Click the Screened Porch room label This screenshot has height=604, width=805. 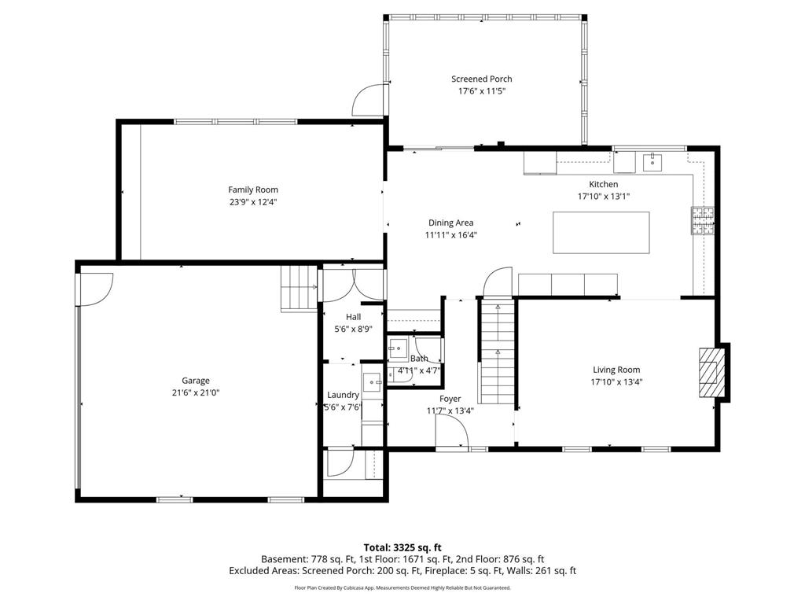click(482, 79)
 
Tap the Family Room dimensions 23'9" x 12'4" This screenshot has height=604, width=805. click(253, 202)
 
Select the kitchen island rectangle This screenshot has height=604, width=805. click(601, 233)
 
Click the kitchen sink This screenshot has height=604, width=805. click(652, 162)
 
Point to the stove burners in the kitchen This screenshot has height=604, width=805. click(703, 221)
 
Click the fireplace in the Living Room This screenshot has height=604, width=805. click(711, 372)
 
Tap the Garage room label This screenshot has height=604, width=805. click(196, 381)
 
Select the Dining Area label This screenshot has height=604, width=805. click(450, 223)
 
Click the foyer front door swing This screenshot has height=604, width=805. click(452, 432)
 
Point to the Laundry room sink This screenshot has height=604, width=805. click(372, 383)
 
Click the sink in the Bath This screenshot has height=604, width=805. click(397, 348)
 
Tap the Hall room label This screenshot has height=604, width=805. click(353, 318)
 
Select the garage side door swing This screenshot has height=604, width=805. click(96, 289)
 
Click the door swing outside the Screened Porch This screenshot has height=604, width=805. click(368, 100)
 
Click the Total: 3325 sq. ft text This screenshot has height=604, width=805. click(402, 547)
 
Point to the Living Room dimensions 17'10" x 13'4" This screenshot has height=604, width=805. click(616, 382)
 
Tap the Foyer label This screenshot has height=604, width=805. click(450, 399)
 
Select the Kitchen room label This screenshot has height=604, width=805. click(603, 184)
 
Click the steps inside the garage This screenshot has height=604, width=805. click(300, 289)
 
